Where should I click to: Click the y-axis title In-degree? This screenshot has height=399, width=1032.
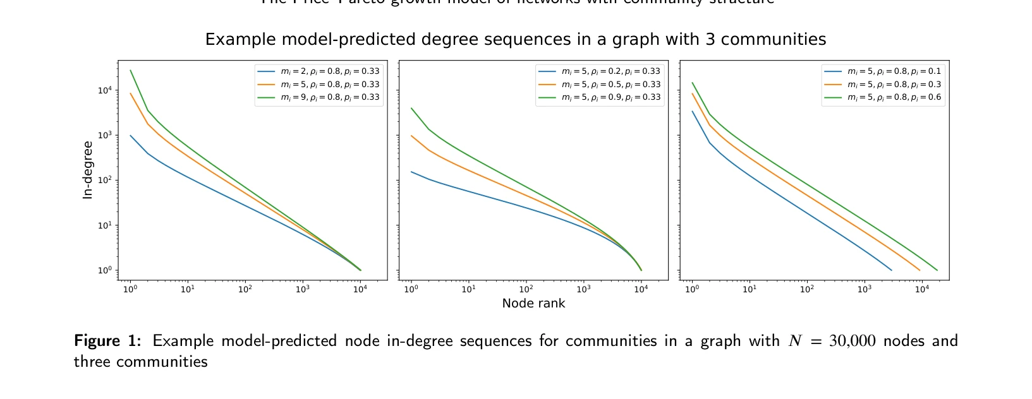[x=88, y=170]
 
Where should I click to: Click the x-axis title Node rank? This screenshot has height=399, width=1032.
[x=533, y=304]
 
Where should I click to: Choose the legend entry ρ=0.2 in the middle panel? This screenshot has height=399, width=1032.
[x=610, y=72]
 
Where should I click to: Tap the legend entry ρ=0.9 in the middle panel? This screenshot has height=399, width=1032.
[x=610, y=97]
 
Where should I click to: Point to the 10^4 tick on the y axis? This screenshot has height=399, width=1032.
[x=104, y=90]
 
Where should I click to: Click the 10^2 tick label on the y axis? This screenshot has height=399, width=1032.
[x=104, y=181]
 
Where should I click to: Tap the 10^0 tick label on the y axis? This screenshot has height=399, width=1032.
[x=104, y=270]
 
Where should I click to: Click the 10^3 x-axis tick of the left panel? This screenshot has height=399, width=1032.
[x=303, y=289]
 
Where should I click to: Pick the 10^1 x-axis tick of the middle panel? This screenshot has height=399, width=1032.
[x=468, y=289]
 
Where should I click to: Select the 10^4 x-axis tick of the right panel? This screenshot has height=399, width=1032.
[x=921, y=289]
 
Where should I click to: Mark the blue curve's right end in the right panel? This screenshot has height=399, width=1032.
[x=891, y=270]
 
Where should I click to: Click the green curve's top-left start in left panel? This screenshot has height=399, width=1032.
[x=130, y=71]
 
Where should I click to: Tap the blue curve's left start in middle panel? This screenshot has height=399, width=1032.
[x=411, y=172]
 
